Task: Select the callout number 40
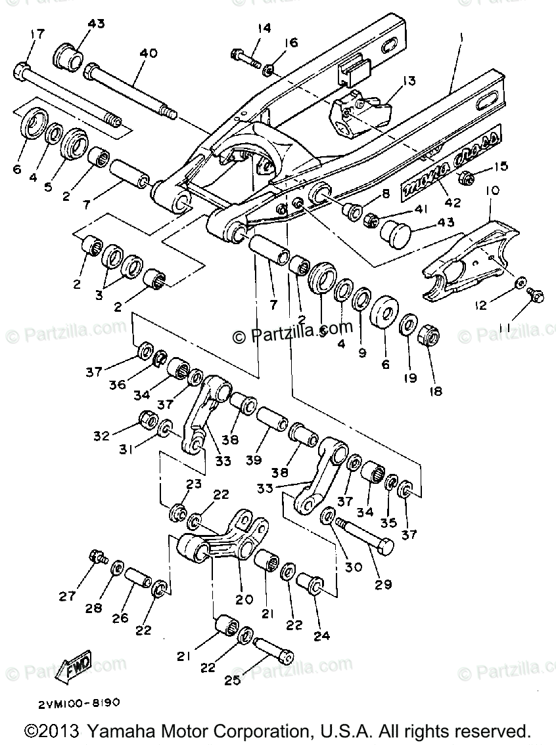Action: pos(148,53)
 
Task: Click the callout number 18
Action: pos(435,391)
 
